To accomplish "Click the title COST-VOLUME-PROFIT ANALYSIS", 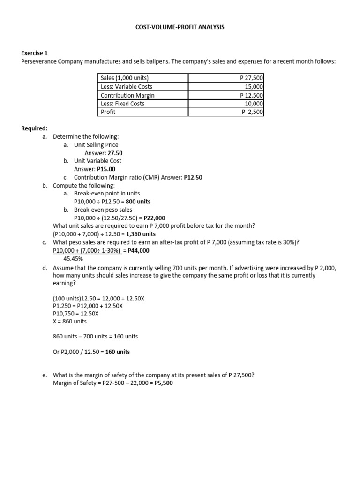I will tap(180, 27).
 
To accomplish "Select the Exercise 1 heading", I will tap(36, 54).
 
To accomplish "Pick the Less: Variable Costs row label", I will tap(126, 87).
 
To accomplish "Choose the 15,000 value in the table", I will tap(254, 87).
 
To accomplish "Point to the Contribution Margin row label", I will tap(127, 95).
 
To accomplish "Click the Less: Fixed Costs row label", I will tap(122, 104).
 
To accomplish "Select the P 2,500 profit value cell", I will tap(253, 112).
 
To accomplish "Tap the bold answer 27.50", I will tap(115, 153).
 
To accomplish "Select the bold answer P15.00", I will tap(106, 169).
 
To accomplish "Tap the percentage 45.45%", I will tap(73, 258).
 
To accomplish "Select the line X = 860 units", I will tap(70, 321).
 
